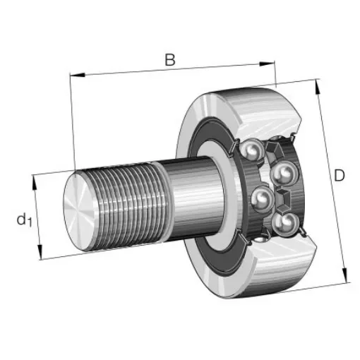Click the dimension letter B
(169, 60)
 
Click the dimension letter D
(339, 175)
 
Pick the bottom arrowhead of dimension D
(345, 277)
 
